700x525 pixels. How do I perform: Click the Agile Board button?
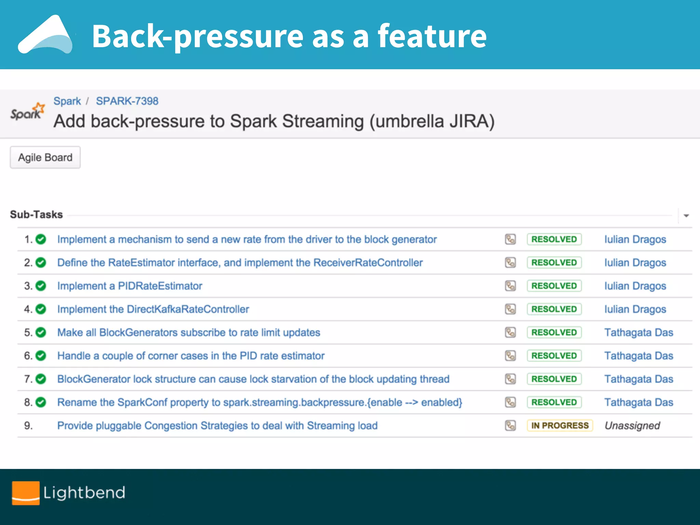[45, 158]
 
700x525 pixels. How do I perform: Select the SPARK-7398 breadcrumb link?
[127, 101]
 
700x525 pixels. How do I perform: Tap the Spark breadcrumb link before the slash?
[67, 101]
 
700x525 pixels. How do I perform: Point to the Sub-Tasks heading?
[36, 215]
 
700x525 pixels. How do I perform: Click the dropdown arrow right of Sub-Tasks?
[686, 216]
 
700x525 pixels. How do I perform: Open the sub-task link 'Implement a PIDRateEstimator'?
[130, 286]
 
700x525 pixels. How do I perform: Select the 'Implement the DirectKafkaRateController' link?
[153, 309]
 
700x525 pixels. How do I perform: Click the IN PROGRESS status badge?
[560, 426]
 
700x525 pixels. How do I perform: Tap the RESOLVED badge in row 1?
[554, 239]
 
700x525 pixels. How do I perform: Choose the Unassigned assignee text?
[632, 426]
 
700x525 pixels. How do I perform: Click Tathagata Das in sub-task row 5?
[638, 333]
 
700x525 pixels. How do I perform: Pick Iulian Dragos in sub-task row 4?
[635, 309]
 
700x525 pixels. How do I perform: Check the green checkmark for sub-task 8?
[41, 402]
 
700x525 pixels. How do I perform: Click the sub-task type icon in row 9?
[510, 426]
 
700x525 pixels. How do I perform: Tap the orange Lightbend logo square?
[26, 493]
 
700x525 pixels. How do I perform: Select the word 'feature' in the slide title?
[432, 36]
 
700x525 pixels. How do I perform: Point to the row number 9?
[28, 426]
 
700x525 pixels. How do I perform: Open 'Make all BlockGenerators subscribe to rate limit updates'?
[189, 333]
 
